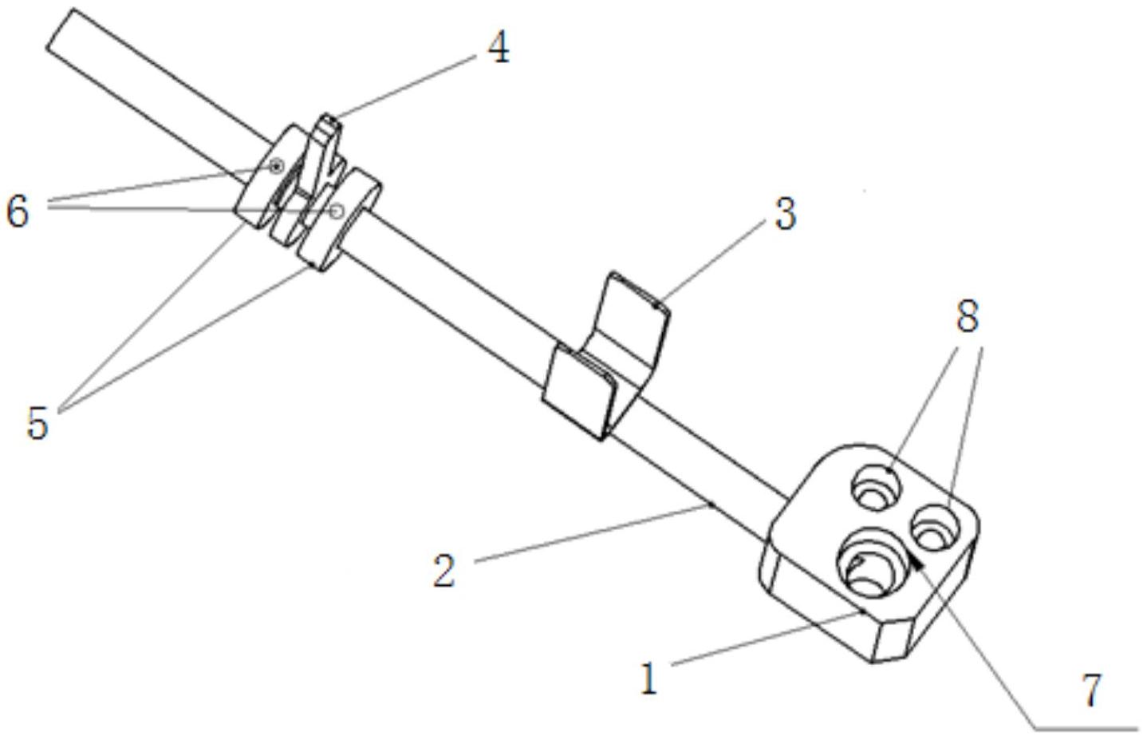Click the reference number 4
pyautogui.click(x=497, y=49)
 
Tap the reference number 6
pyautogui.click(x=18, y=213)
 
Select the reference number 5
pyautogui.click(x=37, y=422)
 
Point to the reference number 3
pyautogui.click(x=785, y=215)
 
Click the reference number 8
pyautogui.click(x=967, y=318)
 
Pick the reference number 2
pyautogui.click(x=444, y=571)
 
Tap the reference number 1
pyautogui.click(x=650, y=679)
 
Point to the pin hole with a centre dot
pyautogui.click(x=276, y=166)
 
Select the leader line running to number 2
pyautogui.click(x=590, y=532)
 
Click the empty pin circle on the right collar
pyautogui.click(x=337, y=211)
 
